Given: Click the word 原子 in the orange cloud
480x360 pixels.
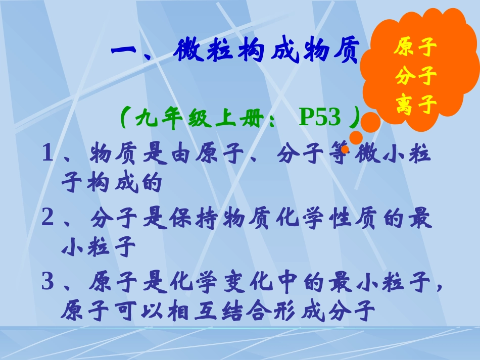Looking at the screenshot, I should pos(415,49).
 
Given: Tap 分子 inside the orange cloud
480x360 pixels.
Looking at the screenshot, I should pos(415,77).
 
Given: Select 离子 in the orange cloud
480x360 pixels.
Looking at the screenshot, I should pos(415,106).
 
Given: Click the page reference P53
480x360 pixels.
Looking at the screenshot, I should pos(320,118).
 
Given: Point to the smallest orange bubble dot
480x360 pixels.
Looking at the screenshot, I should pos(345,149).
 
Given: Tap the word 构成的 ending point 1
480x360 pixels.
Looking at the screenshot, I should pos(111,183).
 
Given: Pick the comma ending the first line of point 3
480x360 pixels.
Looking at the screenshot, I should pos(438,288).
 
